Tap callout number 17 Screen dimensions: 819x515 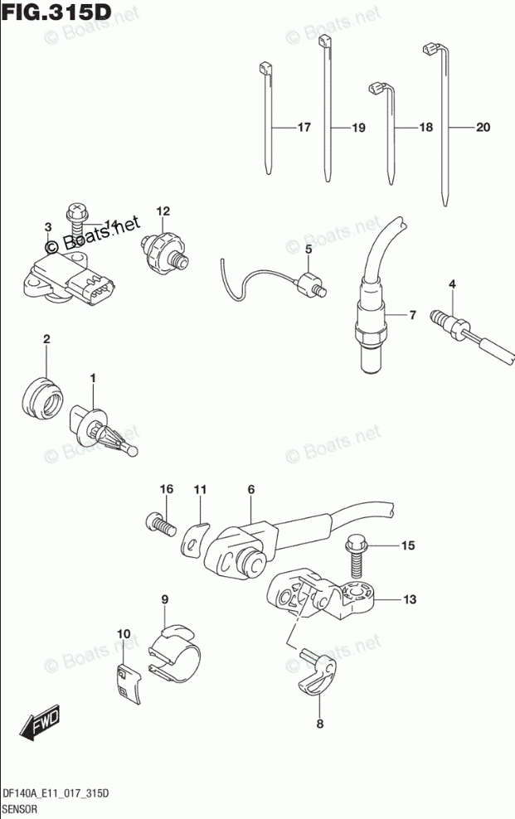coord(303,128)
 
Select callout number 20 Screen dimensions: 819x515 coord(483,128)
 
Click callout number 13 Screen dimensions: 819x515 coord(411,598)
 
